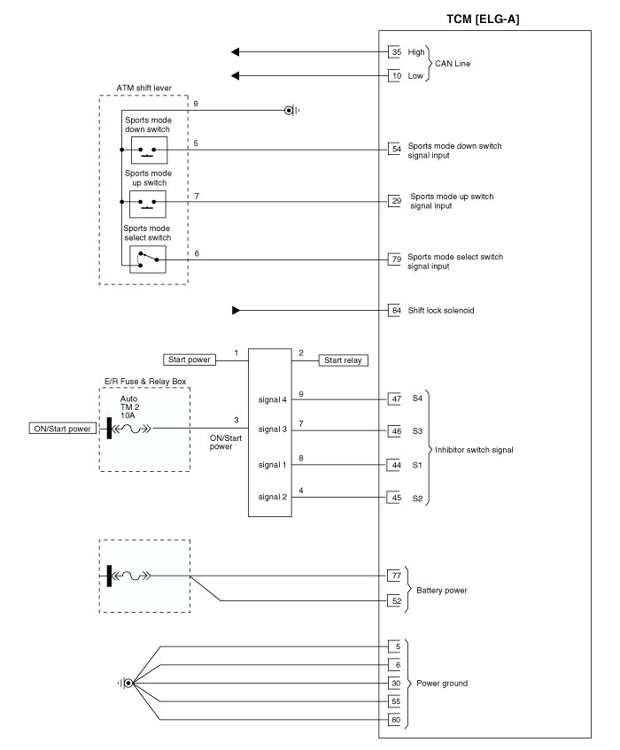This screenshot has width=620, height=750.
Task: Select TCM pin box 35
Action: coord(396,52)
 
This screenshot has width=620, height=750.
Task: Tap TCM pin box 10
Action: coord(396,76)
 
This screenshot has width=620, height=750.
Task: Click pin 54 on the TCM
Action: coord(396,149)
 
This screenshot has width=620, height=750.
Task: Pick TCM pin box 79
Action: coord(396,259)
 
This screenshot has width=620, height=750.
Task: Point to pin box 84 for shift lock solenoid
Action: coord(396,311)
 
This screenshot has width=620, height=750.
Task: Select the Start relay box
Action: coord(345,360)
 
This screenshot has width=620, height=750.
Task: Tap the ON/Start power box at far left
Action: coord(62,429)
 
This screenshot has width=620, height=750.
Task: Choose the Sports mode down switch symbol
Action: coord(148,149)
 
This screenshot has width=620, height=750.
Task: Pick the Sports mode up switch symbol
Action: coord(148,204)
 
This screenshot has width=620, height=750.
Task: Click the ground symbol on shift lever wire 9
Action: coord(290,111)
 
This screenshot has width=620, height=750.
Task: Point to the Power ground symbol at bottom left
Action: coord(129,683)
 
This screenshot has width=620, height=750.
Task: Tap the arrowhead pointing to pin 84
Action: coord(236,311)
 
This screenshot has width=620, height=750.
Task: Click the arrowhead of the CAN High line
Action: coord(235,52)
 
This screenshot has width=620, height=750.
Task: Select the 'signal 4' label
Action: coord(274,399)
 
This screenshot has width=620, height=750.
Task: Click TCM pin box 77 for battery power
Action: coord(396,576)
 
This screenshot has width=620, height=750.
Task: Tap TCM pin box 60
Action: coord(396,719)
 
